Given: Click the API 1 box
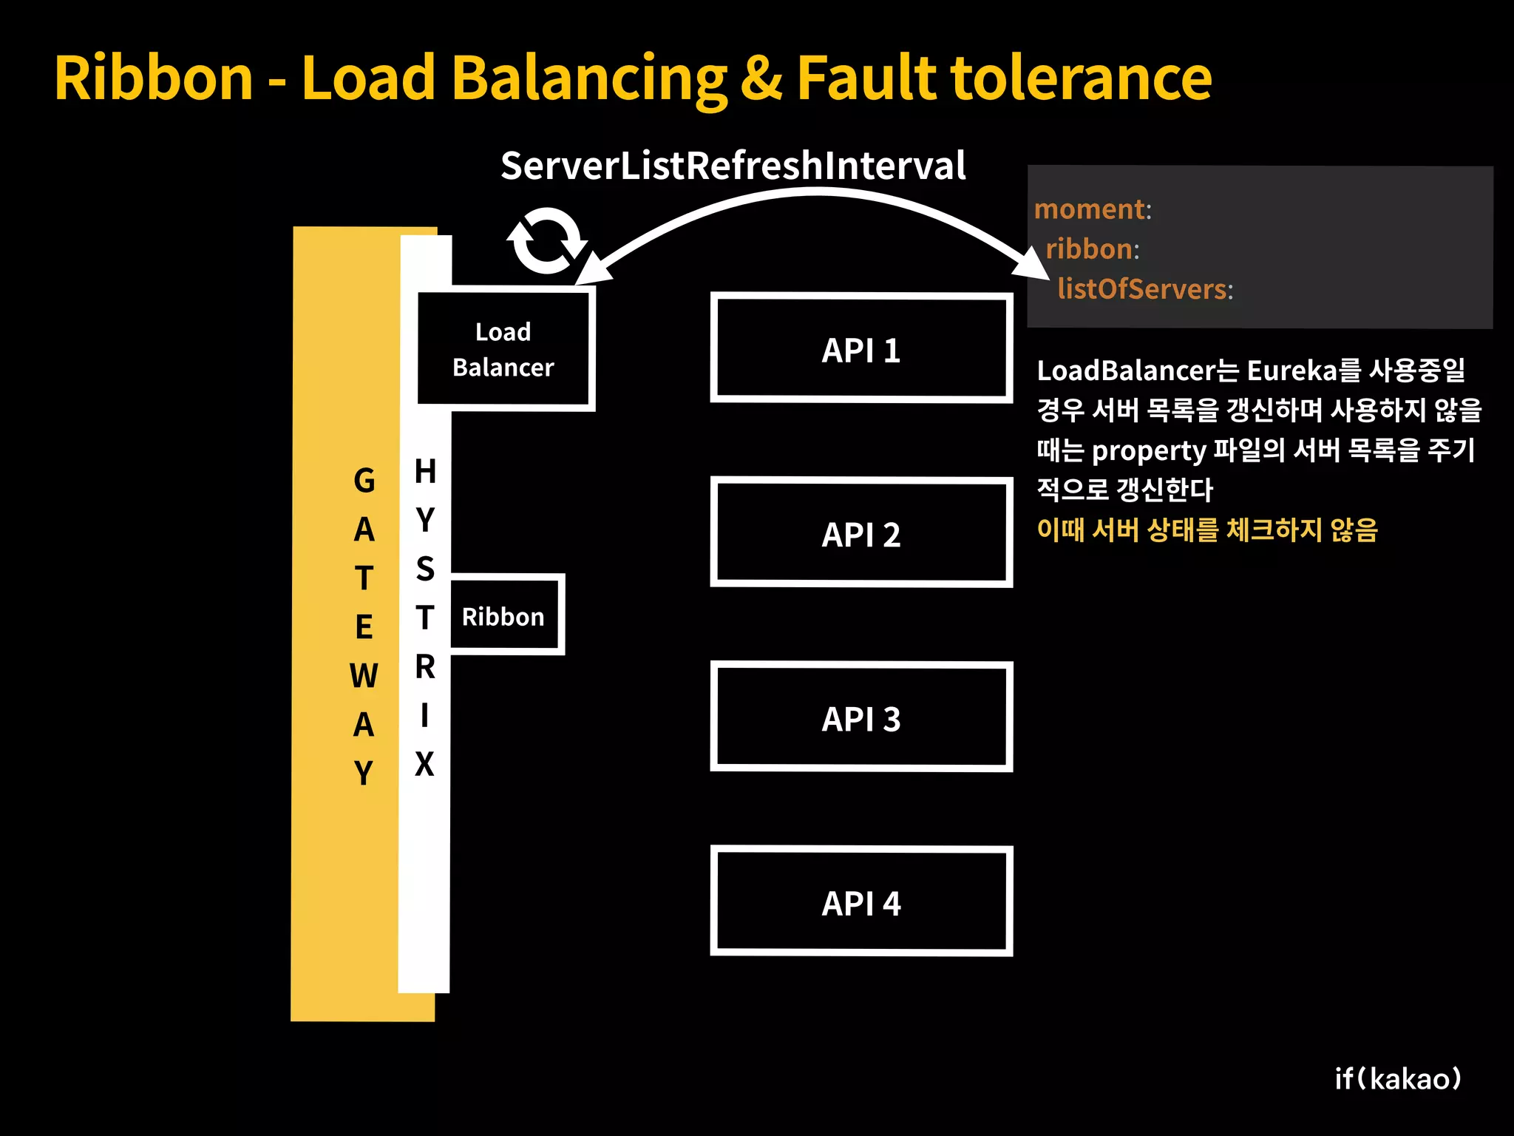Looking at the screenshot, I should click(861, 348).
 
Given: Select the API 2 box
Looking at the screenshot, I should click(861, 532).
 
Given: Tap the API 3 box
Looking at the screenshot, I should click(861, 717).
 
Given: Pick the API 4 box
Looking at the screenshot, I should click(861, 902).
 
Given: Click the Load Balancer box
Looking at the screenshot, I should click(504, 349).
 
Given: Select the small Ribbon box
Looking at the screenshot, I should click(504, 615).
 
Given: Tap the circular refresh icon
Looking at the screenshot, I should click(546, 240).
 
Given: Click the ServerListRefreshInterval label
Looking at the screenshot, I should click(733, 165).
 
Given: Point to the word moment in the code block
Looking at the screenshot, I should click(1090, 209).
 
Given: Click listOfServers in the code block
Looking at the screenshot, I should click(1142, 288).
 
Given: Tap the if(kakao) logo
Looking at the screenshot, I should click(1398, 1078).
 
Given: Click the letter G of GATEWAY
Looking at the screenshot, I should click(364, 481).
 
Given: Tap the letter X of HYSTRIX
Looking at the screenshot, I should click(424, 764).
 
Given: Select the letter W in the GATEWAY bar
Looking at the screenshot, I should click(364, 676).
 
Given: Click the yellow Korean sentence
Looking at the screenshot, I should click(1207, 530).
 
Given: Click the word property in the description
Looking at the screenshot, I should click(1148, 450).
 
